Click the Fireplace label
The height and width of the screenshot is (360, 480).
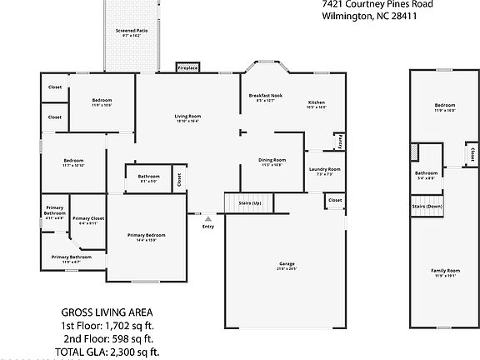pos(187,67)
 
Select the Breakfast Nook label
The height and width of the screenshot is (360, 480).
pos(266,96)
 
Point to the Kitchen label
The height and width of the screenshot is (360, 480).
pos(316,102)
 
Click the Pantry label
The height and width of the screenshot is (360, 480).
pos(340,142)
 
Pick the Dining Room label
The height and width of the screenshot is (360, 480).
pos(272,159)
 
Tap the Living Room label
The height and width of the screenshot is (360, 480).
pos(187,115)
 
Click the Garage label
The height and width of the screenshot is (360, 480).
pos(287,264)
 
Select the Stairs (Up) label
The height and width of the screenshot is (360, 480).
pos(250,203)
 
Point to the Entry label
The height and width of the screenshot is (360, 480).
pos(208,226)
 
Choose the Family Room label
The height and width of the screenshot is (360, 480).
pos(445,271)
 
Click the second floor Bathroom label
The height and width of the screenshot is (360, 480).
pos(426,172)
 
